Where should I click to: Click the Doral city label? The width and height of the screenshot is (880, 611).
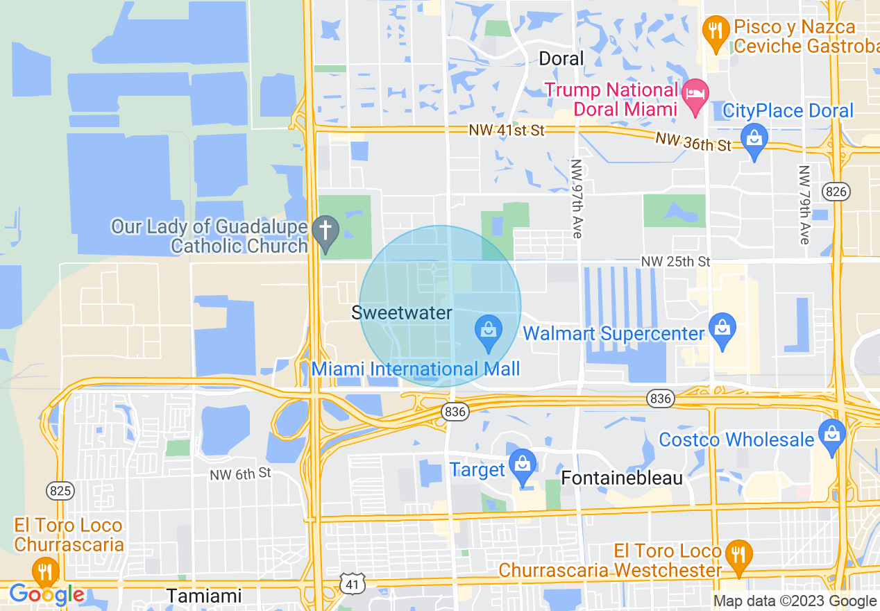561,58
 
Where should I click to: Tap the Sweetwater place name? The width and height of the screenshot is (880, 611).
401,312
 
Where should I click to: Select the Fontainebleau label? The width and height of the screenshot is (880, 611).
622,478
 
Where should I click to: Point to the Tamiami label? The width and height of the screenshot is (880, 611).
204,596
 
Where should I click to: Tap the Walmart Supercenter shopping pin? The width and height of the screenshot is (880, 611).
722,332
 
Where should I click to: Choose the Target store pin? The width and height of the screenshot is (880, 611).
522,467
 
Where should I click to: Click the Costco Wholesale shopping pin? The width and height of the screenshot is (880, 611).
831,435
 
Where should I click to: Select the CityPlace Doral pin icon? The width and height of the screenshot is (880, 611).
754,140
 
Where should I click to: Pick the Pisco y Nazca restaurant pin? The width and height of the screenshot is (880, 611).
716,32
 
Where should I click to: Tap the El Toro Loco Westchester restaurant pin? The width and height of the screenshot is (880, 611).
737,557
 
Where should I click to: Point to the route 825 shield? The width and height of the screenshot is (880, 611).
61,491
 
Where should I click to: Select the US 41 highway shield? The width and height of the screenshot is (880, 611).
353,585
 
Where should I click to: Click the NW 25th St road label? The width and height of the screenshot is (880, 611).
675,262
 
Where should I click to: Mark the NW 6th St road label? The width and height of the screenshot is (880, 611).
240,474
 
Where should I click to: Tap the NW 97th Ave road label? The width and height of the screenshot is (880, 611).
576,199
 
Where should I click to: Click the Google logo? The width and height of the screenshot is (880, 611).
46,594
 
